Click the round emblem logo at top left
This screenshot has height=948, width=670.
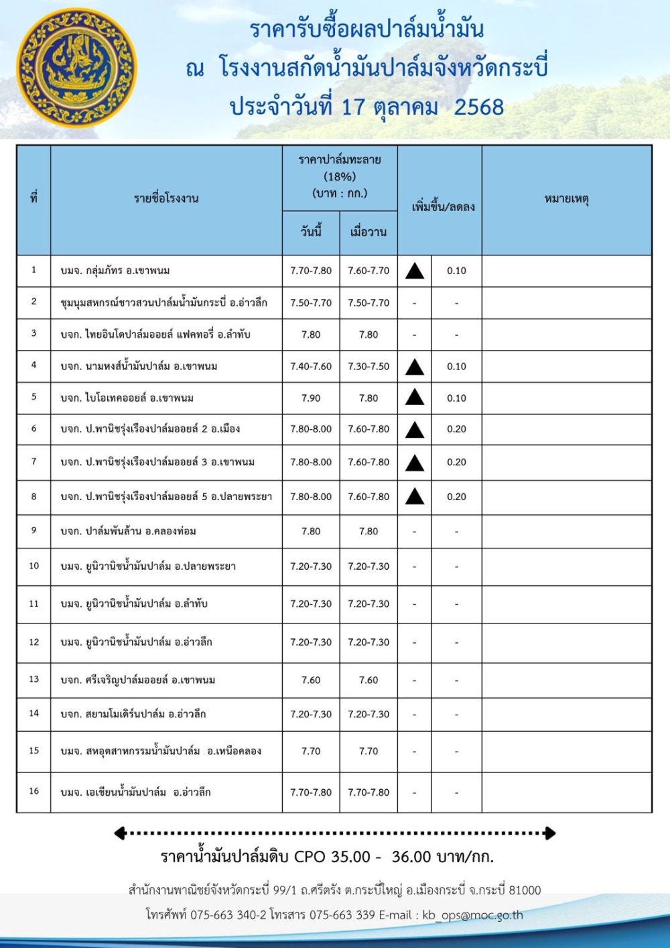[x=76, y=68]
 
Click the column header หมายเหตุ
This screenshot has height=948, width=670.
[x=566, y=199]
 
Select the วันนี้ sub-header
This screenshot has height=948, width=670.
[x=311, y=232]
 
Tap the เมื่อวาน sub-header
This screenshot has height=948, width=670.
[x=368, y=232]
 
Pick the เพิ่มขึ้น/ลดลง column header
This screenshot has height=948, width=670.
[x=443, y=206]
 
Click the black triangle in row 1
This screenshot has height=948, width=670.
[x=415, y=271]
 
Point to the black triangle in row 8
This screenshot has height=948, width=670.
[x=415, y=497]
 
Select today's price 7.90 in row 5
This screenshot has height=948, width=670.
[x=311, y=398]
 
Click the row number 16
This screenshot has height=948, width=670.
[x=34, y=791]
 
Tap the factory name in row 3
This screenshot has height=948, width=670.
[x=155, y=335]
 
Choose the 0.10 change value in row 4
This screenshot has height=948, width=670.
[x=456, y=367]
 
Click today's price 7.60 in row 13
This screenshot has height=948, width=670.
[x=311, y=680]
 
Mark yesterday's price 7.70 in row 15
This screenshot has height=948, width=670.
[x=368, y=752]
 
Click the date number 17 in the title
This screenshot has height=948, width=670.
[x=352, y=107]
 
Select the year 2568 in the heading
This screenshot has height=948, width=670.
[x=478, y=107]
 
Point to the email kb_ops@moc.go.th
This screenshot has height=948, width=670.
[x=472, y=915]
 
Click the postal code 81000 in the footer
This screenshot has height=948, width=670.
[x=525, y=890]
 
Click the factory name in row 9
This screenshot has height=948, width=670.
[x=128, y=532]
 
